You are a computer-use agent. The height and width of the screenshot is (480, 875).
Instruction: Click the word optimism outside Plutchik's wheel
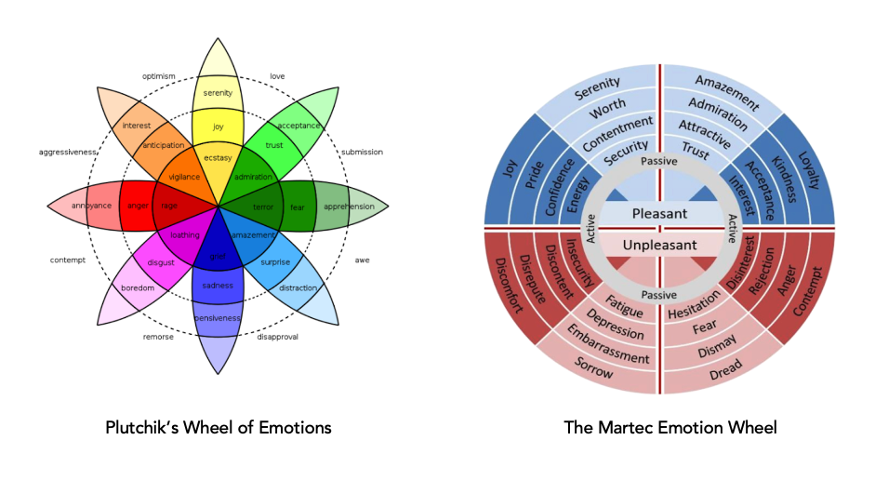(159, 76)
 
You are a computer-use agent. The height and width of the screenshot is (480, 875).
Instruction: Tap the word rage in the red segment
(169, 206)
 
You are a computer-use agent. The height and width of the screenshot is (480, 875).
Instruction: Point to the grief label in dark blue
(218, 255)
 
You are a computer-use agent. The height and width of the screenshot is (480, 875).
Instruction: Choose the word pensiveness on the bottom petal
(218, 318)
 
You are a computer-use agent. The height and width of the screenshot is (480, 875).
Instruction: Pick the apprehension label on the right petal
(349, 206)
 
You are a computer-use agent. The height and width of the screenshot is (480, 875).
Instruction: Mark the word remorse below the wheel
(159, 336)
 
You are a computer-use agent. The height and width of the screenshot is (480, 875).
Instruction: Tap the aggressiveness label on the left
(68, 152)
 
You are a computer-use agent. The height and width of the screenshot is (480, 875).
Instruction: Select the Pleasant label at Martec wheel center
(659, 214)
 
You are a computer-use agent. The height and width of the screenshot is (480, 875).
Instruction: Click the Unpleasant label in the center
(659, 244)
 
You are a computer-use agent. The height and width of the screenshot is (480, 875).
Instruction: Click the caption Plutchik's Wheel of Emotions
(218, 428)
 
